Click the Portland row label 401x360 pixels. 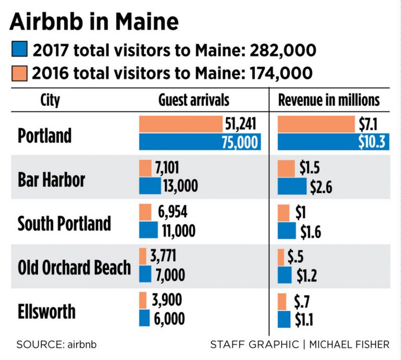44,136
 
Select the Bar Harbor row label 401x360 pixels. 51,180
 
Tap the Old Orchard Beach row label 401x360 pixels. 74,267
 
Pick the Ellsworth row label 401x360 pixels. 46,311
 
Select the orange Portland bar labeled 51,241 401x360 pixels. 181,125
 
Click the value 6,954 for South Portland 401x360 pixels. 172,212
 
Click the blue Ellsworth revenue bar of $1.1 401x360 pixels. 284,319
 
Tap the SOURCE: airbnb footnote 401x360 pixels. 56,345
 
